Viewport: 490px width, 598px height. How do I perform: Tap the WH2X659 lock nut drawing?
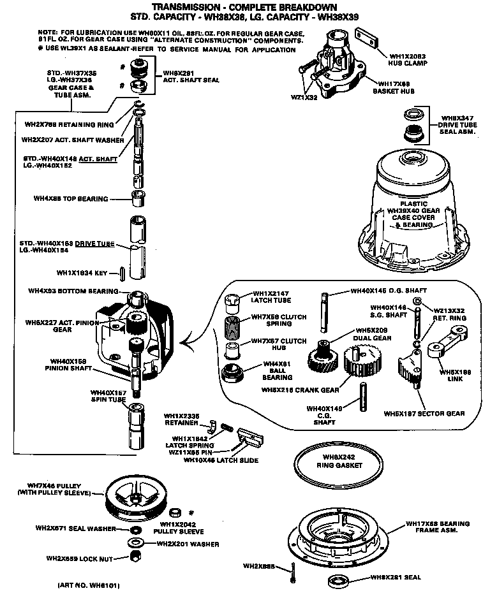(x=135, y=556)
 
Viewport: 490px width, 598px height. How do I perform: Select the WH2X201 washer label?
(x=188, y=544)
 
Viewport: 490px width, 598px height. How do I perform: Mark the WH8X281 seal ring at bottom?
(x=335, y=580)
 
